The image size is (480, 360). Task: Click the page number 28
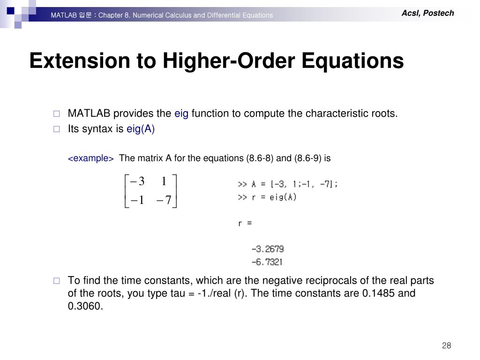pos(446,345)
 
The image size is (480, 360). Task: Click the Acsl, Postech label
pos(427,13)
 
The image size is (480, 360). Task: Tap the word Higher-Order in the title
pos(229,60)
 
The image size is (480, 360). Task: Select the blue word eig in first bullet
pos(181,113)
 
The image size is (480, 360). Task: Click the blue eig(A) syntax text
pos(141,129)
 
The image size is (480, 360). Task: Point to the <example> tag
pos(90,158)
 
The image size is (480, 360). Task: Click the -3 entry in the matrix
pos(137,181)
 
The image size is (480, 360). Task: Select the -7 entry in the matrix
pos(164,200)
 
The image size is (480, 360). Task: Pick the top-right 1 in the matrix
pos(164,181)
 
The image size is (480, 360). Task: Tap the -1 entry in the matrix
pos(137,200)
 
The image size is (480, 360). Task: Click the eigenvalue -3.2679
pos(268,249)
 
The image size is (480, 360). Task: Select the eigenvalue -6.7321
pos(267,262)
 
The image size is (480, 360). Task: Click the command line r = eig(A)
pos(267,197)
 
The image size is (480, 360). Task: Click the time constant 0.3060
pos(85,306)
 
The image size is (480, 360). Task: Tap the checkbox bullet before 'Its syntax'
pos(57,129)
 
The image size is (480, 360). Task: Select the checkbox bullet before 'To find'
pos(57,281)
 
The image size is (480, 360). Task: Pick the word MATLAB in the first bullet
pos(89,113)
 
